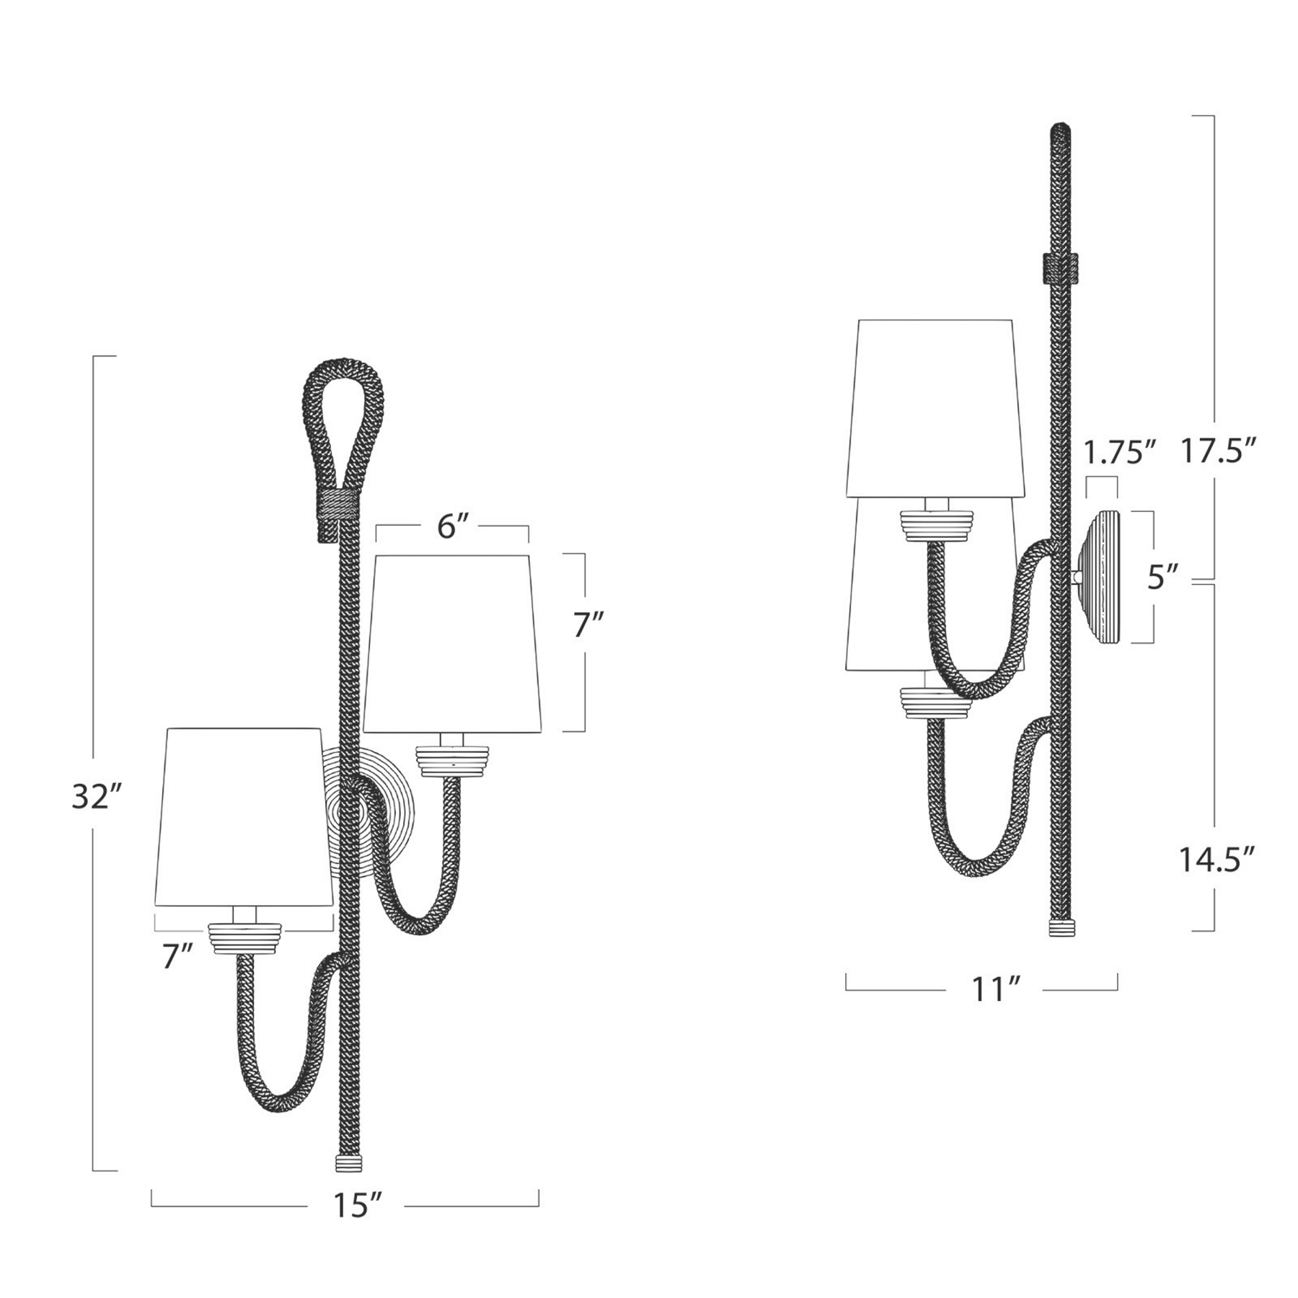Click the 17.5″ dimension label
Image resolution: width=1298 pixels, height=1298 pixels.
click(1219, 451)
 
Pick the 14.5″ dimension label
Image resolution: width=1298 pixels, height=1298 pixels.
click(1219, 860)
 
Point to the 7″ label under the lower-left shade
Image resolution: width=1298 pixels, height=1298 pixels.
click(177, 957)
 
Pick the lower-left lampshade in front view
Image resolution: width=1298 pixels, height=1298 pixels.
click(244, 815)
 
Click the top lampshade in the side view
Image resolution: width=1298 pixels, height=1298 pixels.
click(935, 407)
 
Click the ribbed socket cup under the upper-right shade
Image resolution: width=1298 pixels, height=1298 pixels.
click(453, 761)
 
